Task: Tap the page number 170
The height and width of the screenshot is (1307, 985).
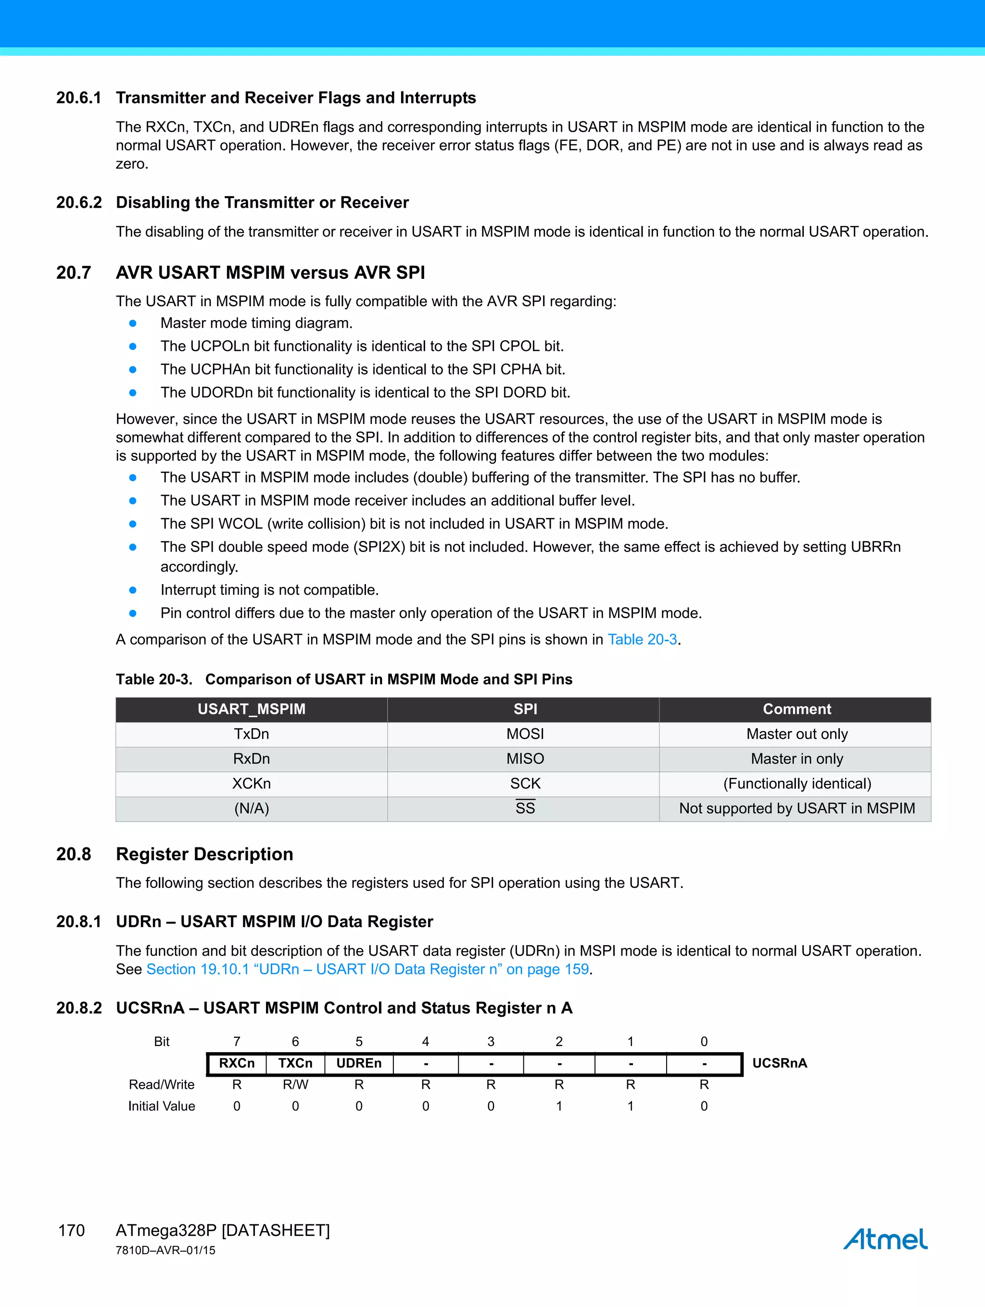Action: tap(72, 1230)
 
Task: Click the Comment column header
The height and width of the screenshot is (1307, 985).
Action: tap(796, 709)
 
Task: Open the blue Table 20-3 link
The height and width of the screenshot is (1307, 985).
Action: tap(642, 639)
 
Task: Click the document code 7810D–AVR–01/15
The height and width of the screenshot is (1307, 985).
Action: tap(165, 1250)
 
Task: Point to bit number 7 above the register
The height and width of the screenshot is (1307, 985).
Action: tap(237, 1041)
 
